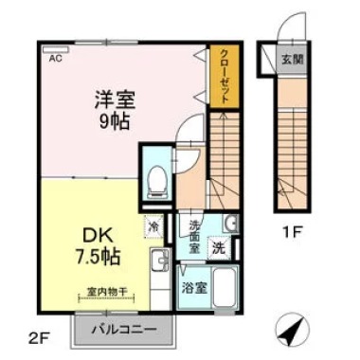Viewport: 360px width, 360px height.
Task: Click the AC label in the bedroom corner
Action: click(55, 57)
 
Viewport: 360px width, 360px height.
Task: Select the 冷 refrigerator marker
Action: click(155, 227)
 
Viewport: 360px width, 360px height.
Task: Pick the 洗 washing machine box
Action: click(218, 250)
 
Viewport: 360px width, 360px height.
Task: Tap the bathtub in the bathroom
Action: click(226, 288)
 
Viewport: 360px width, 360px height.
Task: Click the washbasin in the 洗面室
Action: click(231, 225)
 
